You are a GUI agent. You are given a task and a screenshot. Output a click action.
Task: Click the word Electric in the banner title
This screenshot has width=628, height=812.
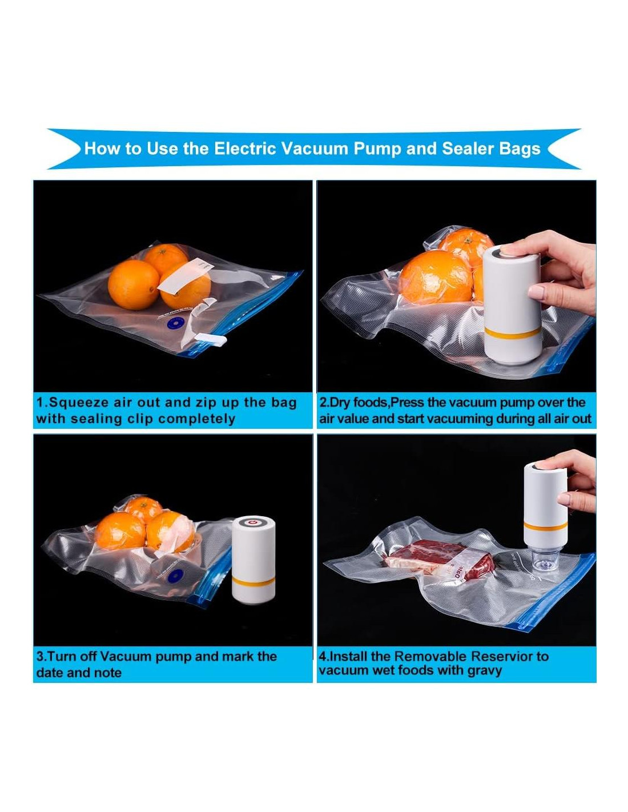pos(245,148)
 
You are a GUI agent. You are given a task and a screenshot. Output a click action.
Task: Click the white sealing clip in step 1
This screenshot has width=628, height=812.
pos(211,339)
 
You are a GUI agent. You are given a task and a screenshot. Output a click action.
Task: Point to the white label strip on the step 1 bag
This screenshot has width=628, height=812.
pos(186,276)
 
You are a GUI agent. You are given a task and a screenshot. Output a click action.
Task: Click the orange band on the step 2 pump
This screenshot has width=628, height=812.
pos(512,333)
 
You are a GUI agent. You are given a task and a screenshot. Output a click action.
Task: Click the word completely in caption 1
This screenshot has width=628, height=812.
pos(196,420)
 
